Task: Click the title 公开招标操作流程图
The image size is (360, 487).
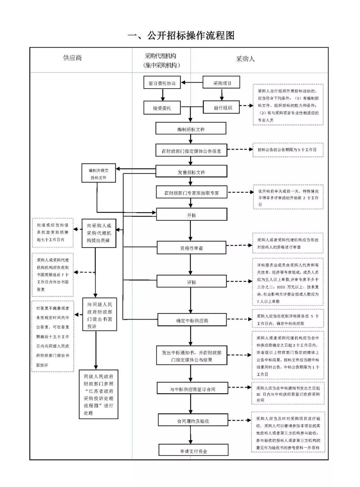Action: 181,35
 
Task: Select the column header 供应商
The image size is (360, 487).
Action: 72,58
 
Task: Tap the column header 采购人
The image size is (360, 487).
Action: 245,59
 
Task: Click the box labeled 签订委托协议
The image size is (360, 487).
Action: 162,83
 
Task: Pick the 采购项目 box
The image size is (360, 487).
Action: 221,83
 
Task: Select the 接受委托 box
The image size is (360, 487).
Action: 162,108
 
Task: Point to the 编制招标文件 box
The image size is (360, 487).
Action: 191,129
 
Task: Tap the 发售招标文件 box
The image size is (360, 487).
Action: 191,172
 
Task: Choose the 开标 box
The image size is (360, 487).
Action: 191,215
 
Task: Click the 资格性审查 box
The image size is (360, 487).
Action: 191,248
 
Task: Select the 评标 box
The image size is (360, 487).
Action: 191,282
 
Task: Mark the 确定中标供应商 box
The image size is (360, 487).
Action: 192,320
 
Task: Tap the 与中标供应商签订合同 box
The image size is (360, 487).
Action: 192,389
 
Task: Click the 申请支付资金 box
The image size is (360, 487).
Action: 193,451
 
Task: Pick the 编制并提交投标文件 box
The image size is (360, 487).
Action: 98,174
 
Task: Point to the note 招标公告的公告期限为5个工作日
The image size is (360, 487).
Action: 288,150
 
